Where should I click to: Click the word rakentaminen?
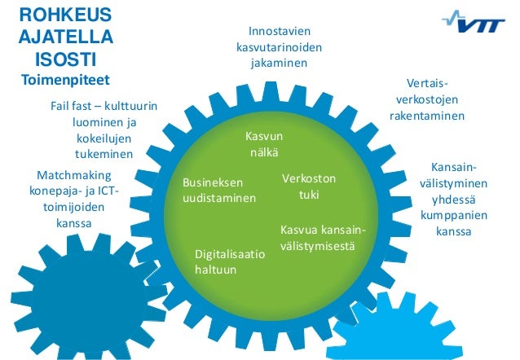[x=426, y=116]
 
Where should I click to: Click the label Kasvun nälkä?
[x=263, y=143]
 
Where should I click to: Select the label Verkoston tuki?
[x=308, y=187]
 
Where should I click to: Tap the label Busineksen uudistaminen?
[x=218, y=191]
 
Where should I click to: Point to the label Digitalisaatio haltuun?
[x=229, y=261]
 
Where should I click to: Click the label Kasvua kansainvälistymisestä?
[x=322, y=237]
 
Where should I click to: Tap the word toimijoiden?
[x=74, y=206]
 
